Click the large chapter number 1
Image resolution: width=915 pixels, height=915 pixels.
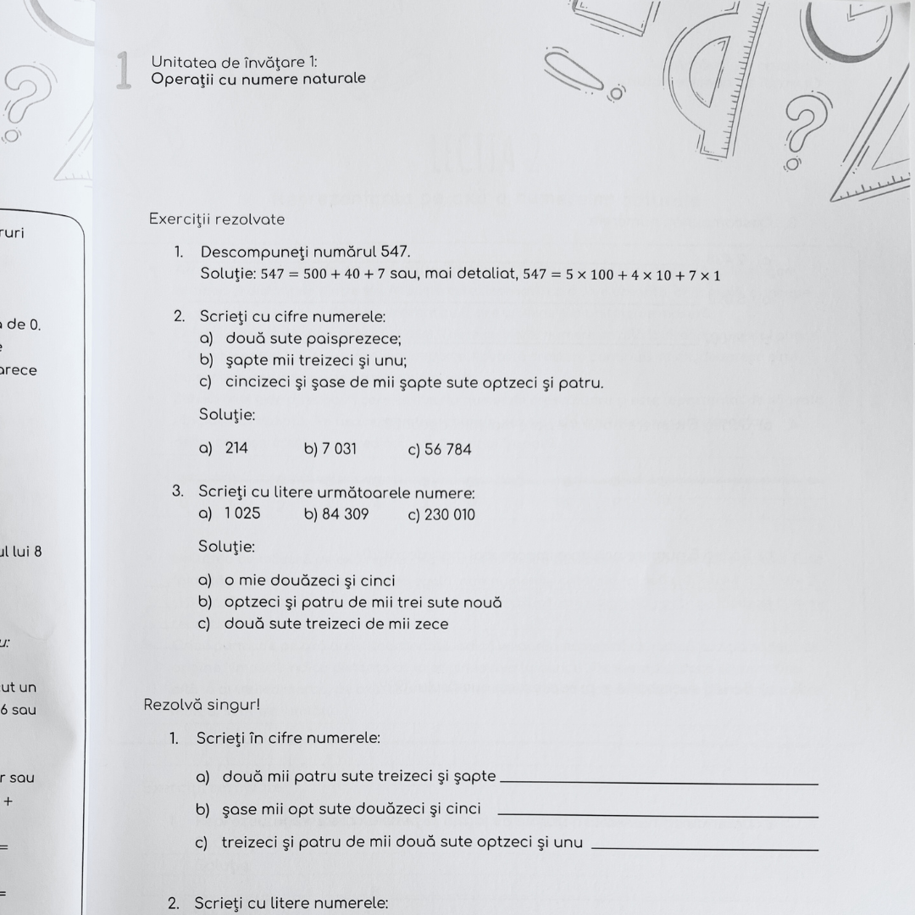click(x=124, y=69)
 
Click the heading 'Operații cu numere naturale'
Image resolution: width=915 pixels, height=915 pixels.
click(x=258, y=79)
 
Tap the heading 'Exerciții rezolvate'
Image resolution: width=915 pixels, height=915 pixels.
click(x=217, y=219)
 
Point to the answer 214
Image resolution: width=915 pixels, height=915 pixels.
click(x=236, y=448)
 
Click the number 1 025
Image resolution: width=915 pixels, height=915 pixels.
click(x=242, y=513)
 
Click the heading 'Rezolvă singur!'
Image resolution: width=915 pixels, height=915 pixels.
click(x=202, y=705)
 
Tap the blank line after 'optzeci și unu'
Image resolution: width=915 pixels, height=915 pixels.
click(x=704, y=848)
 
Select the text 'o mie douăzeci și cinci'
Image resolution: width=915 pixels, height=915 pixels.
click(x=309, y=581)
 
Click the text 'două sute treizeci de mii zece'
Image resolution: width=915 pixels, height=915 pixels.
click(x=336, y=624)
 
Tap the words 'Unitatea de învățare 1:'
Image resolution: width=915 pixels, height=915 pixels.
click(x=234, y=61)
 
